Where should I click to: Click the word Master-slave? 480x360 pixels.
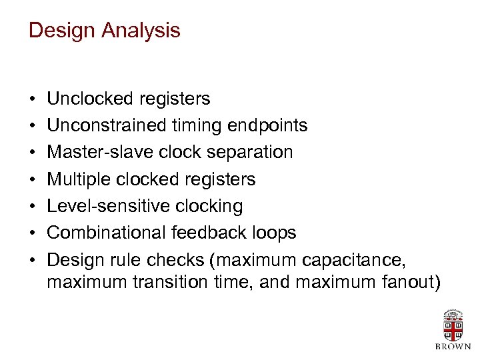(x=101, y=153)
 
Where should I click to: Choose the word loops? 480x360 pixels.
(x=273, y=233)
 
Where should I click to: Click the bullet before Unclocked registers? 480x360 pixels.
(x=32, y=100)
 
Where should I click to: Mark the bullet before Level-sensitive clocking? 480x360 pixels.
(x=32, y=207)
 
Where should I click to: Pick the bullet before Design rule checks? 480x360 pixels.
(x=32, y=260)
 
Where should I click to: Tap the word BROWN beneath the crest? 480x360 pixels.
(x=453, y=347)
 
